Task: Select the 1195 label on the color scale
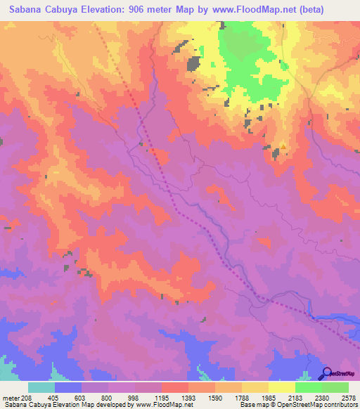(162, 397)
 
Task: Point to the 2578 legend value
(348, 397)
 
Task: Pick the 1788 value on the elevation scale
(241, 397)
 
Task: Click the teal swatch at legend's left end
(41, 387)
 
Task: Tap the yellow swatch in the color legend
(282, 387)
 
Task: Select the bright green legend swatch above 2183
(309, 387)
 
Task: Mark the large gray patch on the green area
(193, 63)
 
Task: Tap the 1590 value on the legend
(214, 397)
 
